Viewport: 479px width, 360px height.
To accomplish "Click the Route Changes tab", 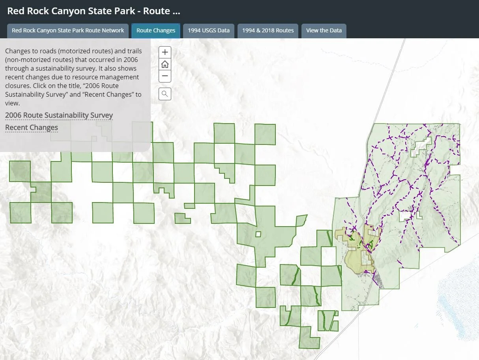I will tap(156, 30).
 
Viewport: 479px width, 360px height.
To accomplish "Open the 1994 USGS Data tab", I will tap(208, 30).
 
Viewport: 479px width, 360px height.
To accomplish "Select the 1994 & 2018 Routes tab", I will tap(268, 30).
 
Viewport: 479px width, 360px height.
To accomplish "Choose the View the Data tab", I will tap(324, 30).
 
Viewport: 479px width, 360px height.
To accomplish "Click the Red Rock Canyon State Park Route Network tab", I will tap(68, 30).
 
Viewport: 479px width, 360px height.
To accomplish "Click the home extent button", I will tap(165, 64).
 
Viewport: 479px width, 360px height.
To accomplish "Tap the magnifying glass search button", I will tap(165, 94).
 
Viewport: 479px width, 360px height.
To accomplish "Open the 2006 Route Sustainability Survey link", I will tap(59, 115).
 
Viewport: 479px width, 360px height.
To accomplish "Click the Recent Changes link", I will tap(32, 127).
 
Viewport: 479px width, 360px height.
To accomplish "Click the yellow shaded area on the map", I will tap(355, 257).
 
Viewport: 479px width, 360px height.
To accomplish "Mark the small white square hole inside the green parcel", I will tap(258, 234).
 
